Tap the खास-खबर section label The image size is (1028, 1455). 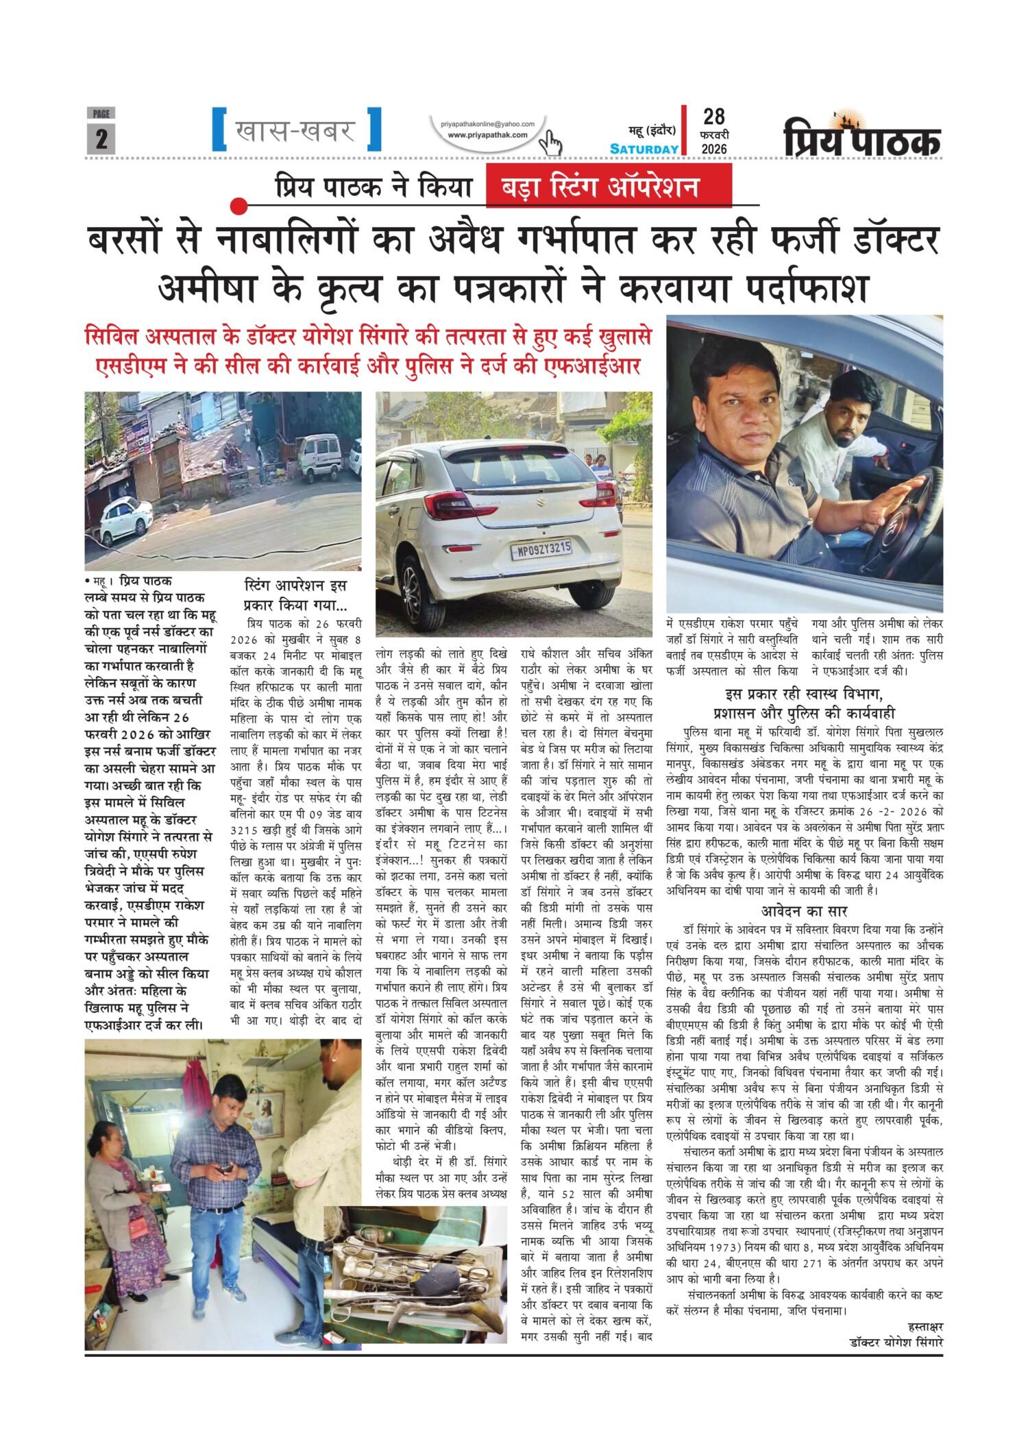click(x=295, y=130)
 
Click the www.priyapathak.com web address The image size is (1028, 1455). click(x=487, y=135)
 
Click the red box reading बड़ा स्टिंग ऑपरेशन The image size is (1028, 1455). click(x=609, y=187)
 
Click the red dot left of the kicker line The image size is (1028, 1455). click(x=238, y=205)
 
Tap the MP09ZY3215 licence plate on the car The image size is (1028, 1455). click(x=540, y=548)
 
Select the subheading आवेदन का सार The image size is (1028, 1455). click(x=805, y=911)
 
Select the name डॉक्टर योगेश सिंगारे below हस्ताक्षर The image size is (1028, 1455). click(x=896, y=1343)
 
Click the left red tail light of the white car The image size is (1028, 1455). click(x=453, y=498)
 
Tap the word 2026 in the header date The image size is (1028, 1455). click(x=713, y=149)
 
